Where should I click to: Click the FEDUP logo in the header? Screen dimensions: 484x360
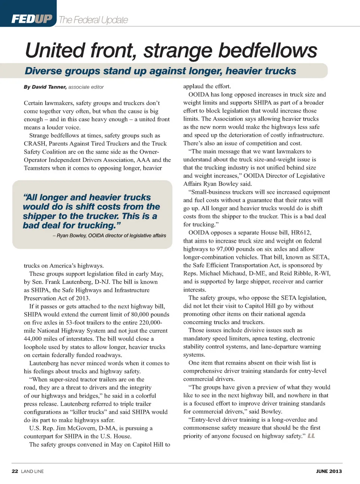pos(32,19)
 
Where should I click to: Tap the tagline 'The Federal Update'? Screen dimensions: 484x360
pos(93,20)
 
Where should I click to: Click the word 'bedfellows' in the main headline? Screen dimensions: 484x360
pos(268,51)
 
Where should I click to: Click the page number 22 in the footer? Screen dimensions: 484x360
pos(15,471)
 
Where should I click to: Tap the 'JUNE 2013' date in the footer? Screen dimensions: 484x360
pos(329,471)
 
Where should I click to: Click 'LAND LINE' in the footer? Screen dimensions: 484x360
pos(32,471)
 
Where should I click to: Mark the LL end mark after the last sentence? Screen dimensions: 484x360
pos(311,436)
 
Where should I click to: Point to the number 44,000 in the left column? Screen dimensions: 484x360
pos(34,339)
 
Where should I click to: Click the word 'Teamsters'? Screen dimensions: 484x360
pos(37,168)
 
